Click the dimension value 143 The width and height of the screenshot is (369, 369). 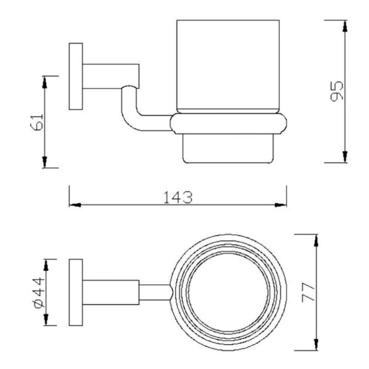[x=178, y=197]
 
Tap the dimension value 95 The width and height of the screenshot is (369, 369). [x=337, y=91]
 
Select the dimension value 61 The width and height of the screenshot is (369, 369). [x=37, y=122]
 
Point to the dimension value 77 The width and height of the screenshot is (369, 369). [x=308, y=292]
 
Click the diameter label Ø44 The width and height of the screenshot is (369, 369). [x=39, y=293]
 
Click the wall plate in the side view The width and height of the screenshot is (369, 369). [x=76, y=76]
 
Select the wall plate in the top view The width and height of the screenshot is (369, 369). [x=76, y=293]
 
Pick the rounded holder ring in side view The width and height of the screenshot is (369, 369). [x=228, y=124]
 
